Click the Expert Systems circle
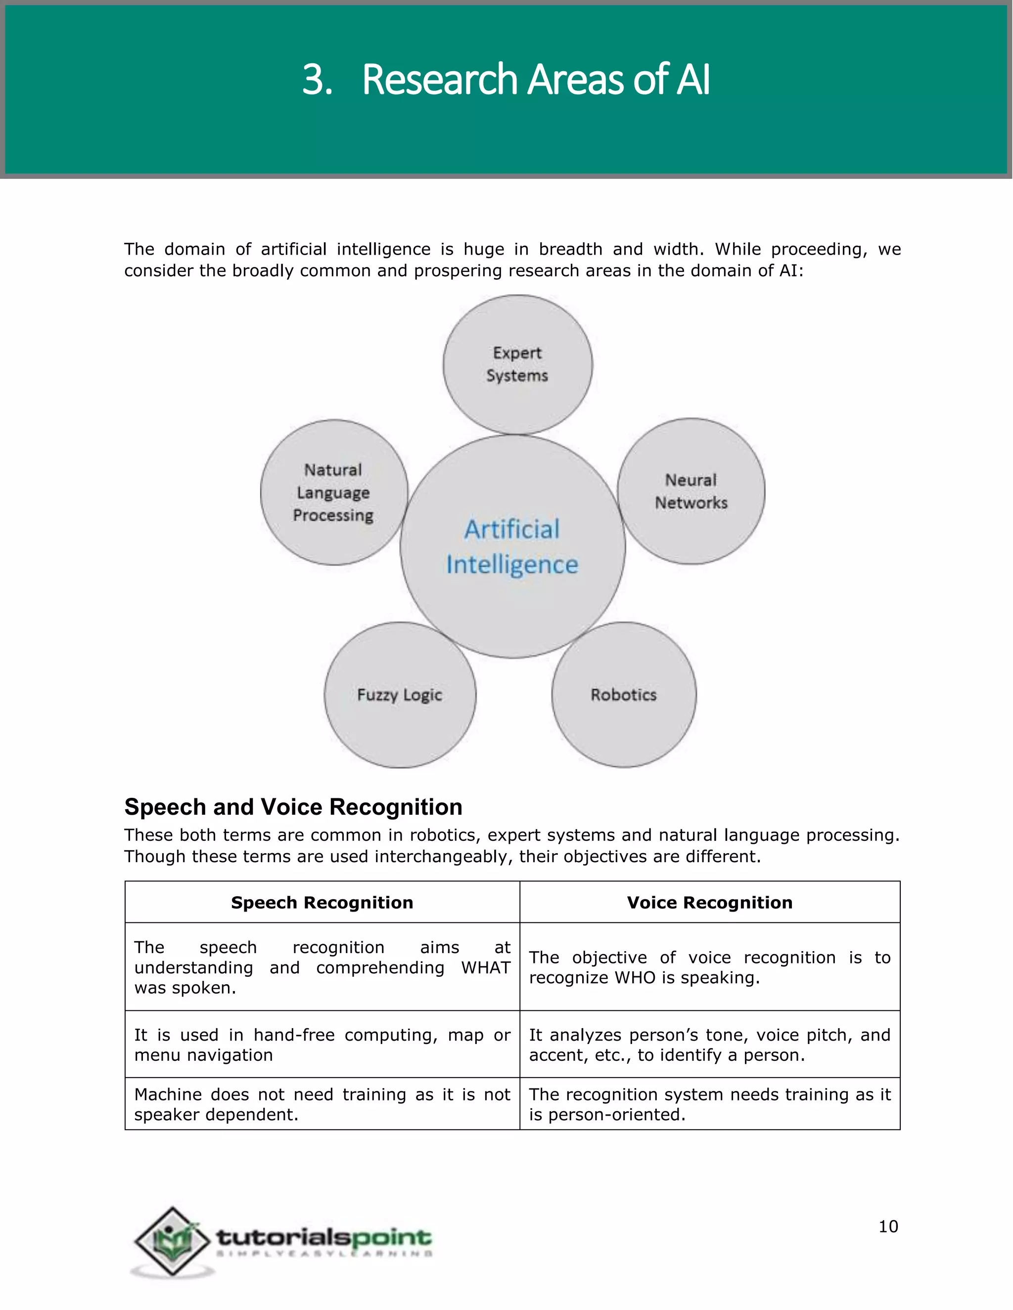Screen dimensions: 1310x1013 click(517, 364)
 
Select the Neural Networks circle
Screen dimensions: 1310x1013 click(691, 491)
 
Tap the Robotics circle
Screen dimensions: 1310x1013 click(624, 695)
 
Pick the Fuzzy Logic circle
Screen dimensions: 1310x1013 click(400, 695)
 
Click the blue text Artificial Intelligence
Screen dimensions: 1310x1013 click(512, 546)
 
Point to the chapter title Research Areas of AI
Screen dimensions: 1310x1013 click(535, 79)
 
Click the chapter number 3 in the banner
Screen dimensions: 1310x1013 click(316, 79)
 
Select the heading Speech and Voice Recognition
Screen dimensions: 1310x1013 click(293, 807)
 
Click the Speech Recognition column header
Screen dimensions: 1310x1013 click(322, 902)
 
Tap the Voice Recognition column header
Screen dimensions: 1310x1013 click(709, 902)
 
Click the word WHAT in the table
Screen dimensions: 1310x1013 click(486, 967)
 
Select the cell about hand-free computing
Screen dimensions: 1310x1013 click(322, 1045)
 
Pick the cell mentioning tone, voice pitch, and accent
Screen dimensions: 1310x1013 click(709, 1045)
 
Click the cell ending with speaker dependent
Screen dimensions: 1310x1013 click(322, 1104)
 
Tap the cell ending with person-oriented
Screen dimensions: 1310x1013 click(709, 1104)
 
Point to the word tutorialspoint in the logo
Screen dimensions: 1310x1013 click(324, 1236)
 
